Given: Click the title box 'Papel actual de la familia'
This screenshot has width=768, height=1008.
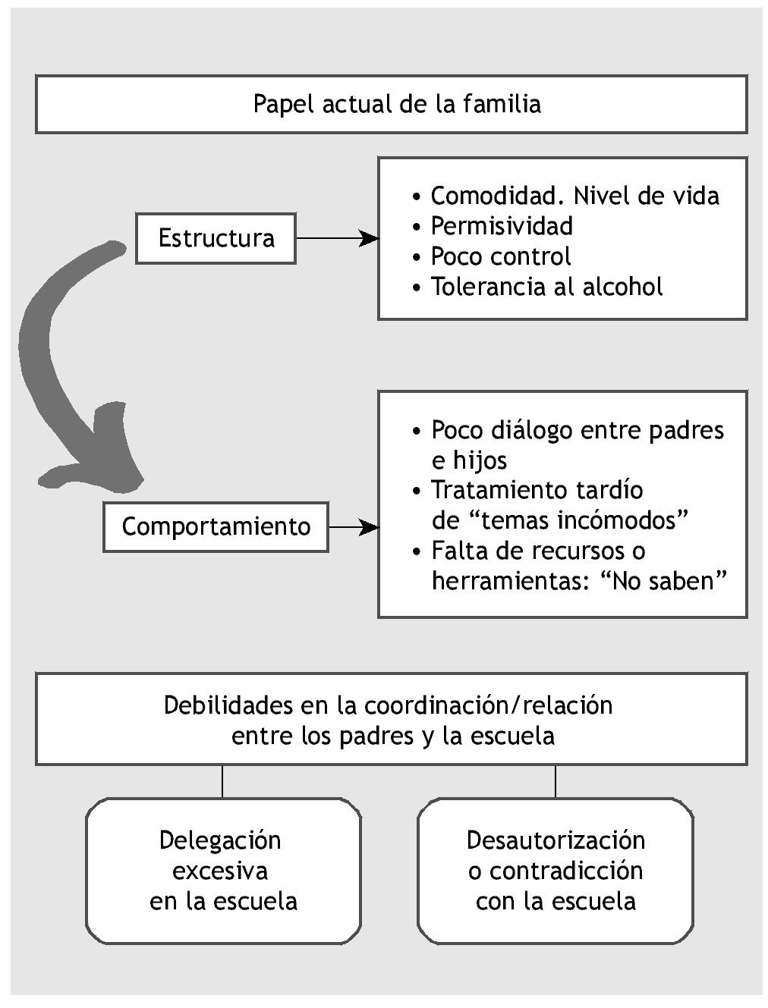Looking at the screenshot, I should (391, 104).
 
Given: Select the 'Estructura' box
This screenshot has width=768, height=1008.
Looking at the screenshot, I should (216, 238).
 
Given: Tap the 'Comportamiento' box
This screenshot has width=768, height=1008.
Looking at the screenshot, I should (216, 526).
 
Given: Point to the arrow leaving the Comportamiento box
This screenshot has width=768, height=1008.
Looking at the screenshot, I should (354, 526).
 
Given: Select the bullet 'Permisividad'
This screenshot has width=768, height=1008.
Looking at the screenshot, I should (502, 226).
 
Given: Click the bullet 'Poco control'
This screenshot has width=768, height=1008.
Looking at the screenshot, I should (500, 256).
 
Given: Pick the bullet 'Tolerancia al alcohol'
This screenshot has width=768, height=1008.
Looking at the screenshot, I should (546, 287).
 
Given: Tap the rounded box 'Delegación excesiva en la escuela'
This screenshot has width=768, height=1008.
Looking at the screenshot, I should (222, 870).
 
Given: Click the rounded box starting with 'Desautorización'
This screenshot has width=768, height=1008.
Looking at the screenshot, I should (556, 870).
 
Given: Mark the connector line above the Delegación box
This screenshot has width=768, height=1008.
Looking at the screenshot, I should (222, 780).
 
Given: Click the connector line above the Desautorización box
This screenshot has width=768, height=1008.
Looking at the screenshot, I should (556, 780).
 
